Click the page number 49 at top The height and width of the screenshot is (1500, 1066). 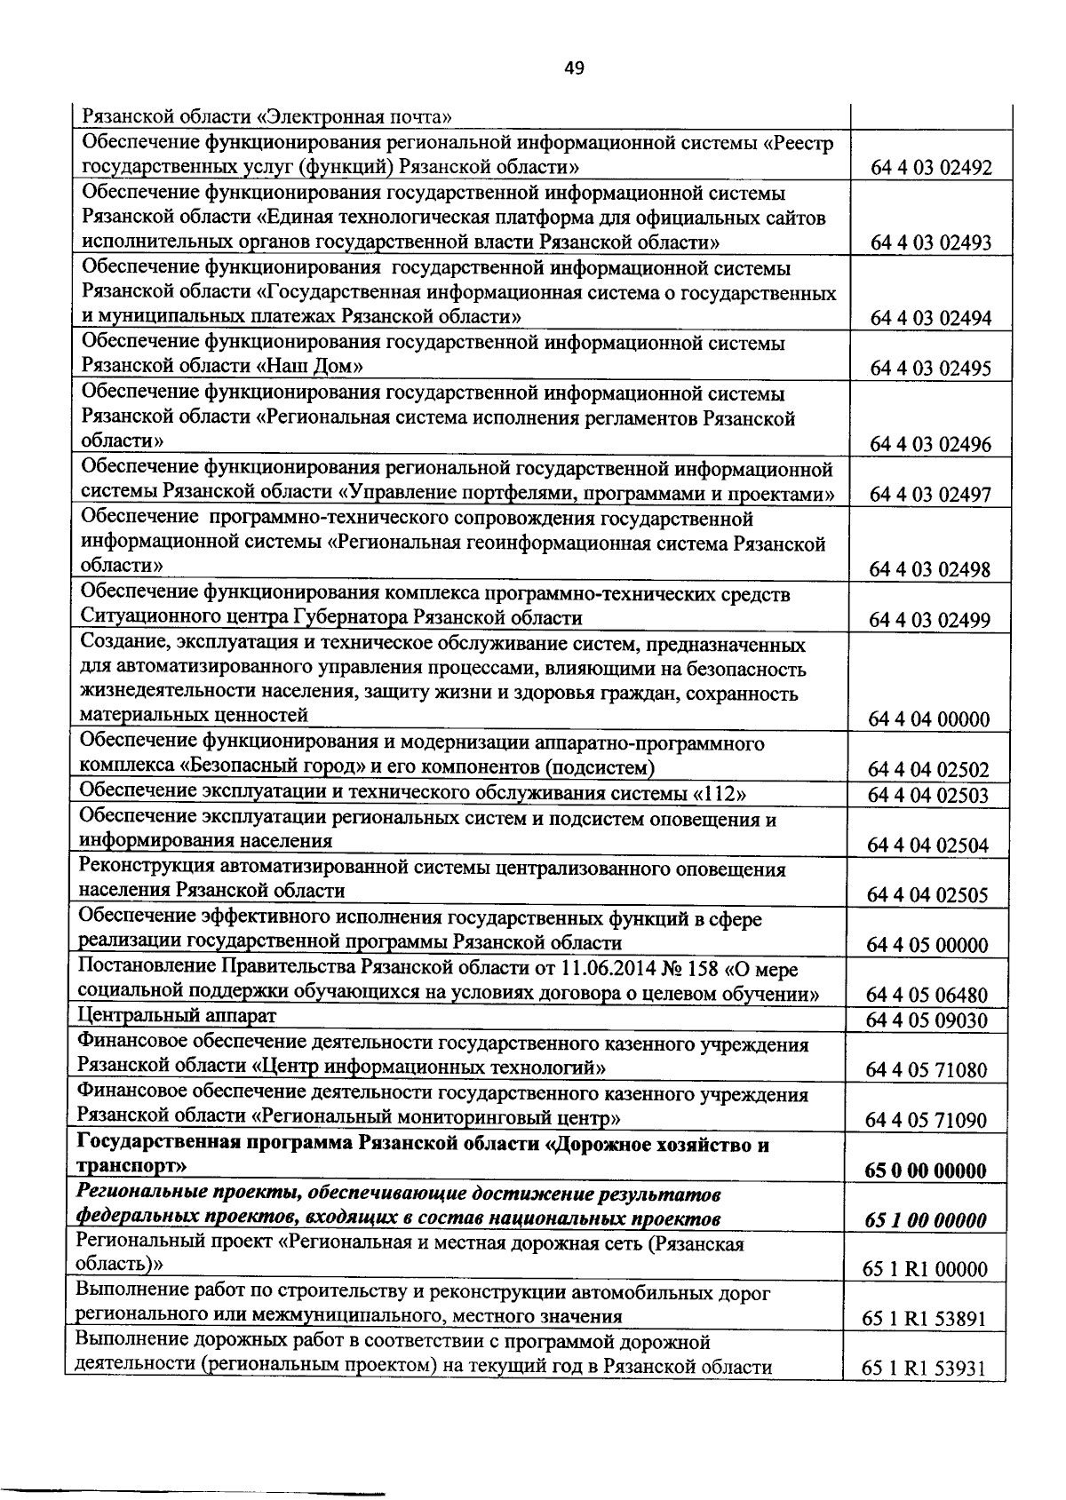(x=573, y=68)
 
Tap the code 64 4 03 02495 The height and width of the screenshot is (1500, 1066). (x=930, y=369)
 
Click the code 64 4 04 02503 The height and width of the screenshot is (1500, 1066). (x=928, y=795)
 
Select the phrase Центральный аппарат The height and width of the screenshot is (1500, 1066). (x=178, y=1015)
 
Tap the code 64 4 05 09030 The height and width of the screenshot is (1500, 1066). (x=927, y=1020)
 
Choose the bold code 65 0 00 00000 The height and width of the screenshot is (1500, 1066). (x=927, y=1171)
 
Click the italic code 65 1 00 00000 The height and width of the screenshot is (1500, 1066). (x=927, y=1220)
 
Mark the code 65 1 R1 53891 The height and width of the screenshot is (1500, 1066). (x=925, y=1320)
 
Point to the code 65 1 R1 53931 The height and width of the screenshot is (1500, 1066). (x=925, y=1369)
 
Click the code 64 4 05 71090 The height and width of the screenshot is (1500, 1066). (x=927, y=1121)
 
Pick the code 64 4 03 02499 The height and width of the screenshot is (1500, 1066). (x=930, y=620)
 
